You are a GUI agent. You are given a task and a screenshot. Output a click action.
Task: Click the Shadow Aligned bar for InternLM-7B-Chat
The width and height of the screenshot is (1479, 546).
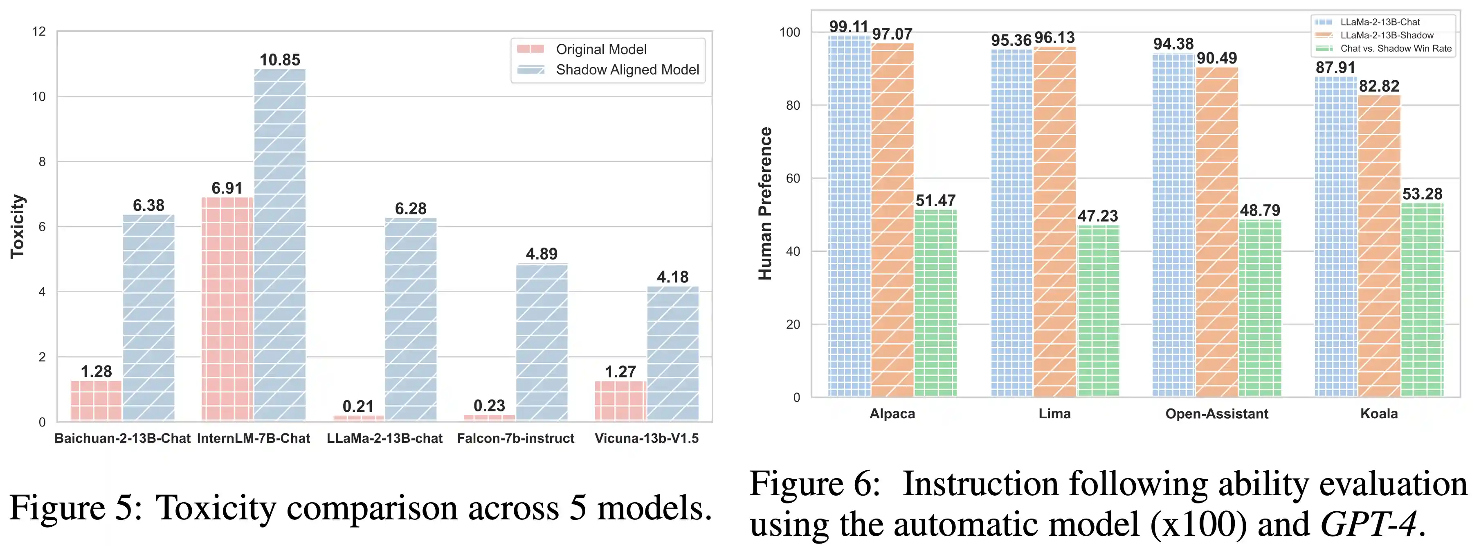point(280,245)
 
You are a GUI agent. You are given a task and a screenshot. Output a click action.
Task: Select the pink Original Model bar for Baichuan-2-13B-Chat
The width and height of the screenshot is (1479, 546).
point(96,401)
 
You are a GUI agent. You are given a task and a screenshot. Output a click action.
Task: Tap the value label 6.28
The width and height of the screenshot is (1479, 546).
point(411,209)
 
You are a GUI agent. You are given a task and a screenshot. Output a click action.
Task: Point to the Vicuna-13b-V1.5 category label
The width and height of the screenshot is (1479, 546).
point(647,438)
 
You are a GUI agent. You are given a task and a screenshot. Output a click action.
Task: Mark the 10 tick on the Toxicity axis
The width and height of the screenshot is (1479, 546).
point(39,97)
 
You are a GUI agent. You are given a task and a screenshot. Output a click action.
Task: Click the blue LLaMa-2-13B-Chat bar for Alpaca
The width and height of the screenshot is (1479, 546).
point(849,216)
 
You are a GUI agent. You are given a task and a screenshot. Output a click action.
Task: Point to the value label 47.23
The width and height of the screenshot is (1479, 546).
point(1097,216)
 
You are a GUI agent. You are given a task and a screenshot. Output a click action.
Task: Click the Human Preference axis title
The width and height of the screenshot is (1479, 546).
point(765,203)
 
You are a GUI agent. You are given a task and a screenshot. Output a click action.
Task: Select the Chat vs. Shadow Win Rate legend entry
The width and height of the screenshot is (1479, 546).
point(1395,49)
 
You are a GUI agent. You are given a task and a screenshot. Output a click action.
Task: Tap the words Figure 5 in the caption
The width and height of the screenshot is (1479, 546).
point(74,508)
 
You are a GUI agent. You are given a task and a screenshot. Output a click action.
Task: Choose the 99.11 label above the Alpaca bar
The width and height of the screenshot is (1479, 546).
point(849,27)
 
